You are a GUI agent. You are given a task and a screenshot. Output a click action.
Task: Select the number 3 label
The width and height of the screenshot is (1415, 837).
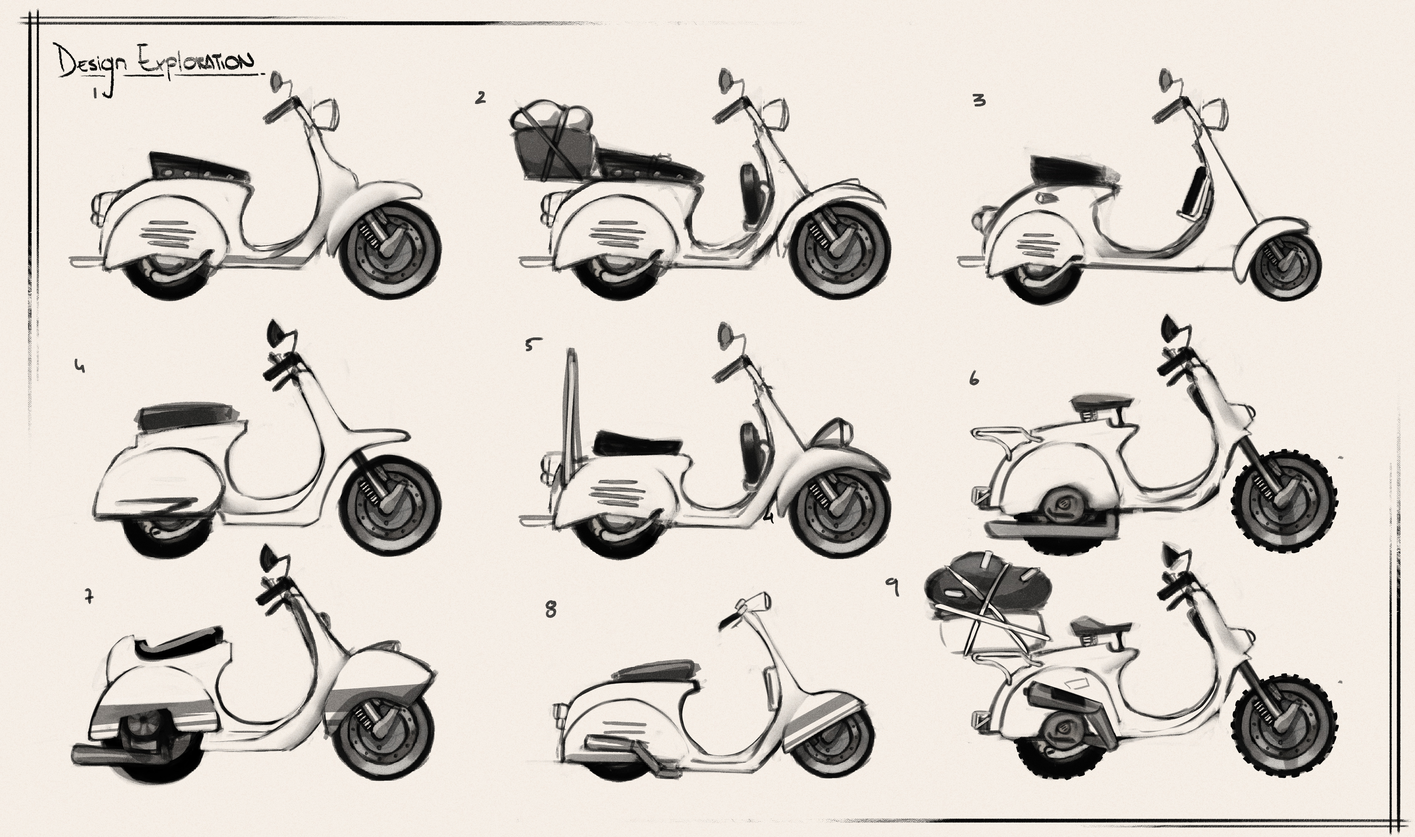979,100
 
